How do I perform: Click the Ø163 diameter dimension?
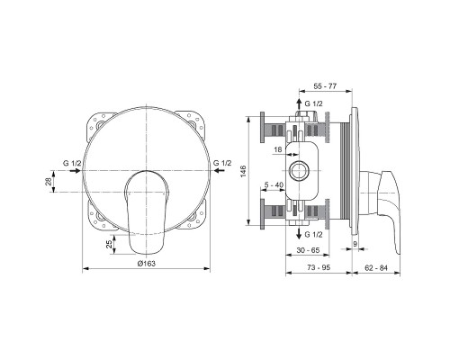tap(147, 262)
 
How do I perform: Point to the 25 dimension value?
tap(111, 245)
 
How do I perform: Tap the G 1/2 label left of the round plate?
tap(72, 161)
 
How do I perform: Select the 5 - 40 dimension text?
tap(275, 185)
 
